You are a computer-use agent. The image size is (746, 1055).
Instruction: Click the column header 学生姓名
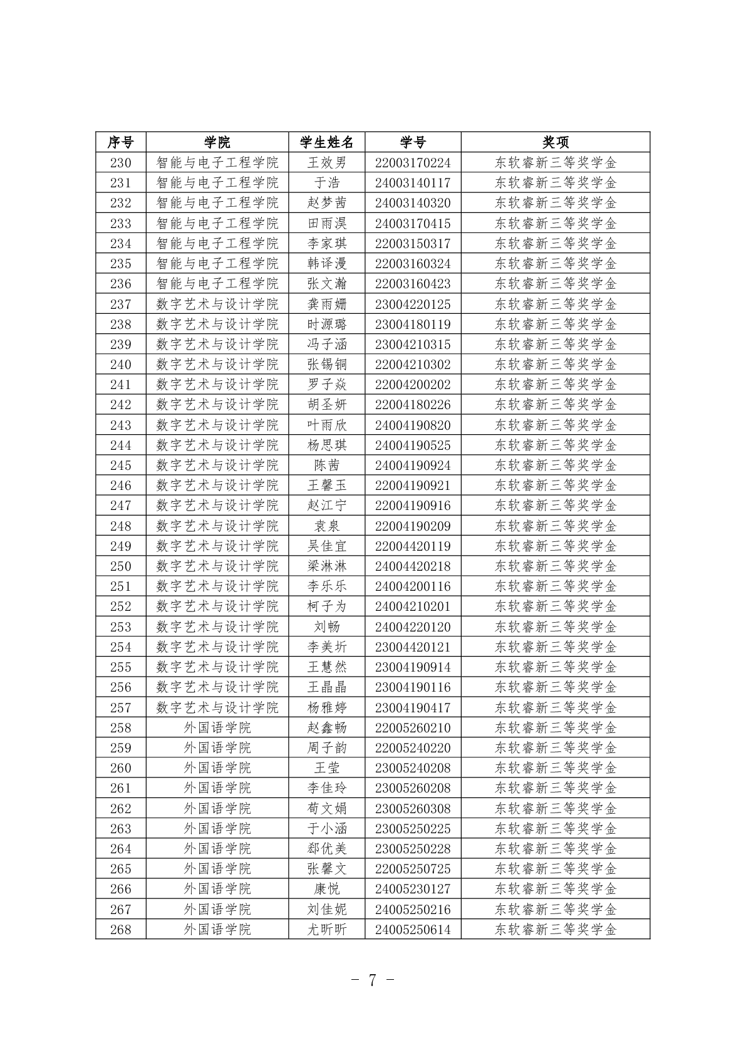[x=326, y=142]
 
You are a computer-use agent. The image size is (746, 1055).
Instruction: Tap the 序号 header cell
[x=120, y=142]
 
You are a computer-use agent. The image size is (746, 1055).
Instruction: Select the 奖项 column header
[x=555, y=142]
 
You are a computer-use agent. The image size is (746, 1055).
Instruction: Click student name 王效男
[x=326, y=163]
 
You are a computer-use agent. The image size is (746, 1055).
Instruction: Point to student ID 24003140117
[x=413, y=183]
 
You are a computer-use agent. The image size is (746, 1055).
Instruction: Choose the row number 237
[x=120, y=304]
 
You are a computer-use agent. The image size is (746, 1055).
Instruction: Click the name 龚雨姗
[x=326, y=304]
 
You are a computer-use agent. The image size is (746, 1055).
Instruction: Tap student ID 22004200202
[x=413, y=385]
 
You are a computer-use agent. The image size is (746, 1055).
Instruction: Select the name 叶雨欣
[x=326, y=425]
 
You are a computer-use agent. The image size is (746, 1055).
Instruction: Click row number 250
[x=120, y=566]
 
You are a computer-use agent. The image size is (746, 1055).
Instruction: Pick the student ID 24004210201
[x=413, y=606]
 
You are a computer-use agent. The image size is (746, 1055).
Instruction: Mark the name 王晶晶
[x=326, y=687]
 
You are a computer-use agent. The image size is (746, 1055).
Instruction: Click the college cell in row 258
[x=217, y=728]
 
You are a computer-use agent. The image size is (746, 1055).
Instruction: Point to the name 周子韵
[x=326, y=748]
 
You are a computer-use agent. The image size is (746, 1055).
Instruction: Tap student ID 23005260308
[x=413, y=809]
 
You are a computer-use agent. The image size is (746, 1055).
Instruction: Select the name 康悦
[x=326, y=889]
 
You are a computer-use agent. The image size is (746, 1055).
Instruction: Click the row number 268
[x=120, y=930]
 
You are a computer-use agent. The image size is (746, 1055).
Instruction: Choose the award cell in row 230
[x=555, y=163]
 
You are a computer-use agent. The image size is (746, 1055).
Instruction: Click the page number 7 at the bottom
[x=372, y=980]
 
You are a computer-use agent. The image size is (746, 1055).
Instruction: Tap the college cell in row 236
[x=217, y=284]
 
